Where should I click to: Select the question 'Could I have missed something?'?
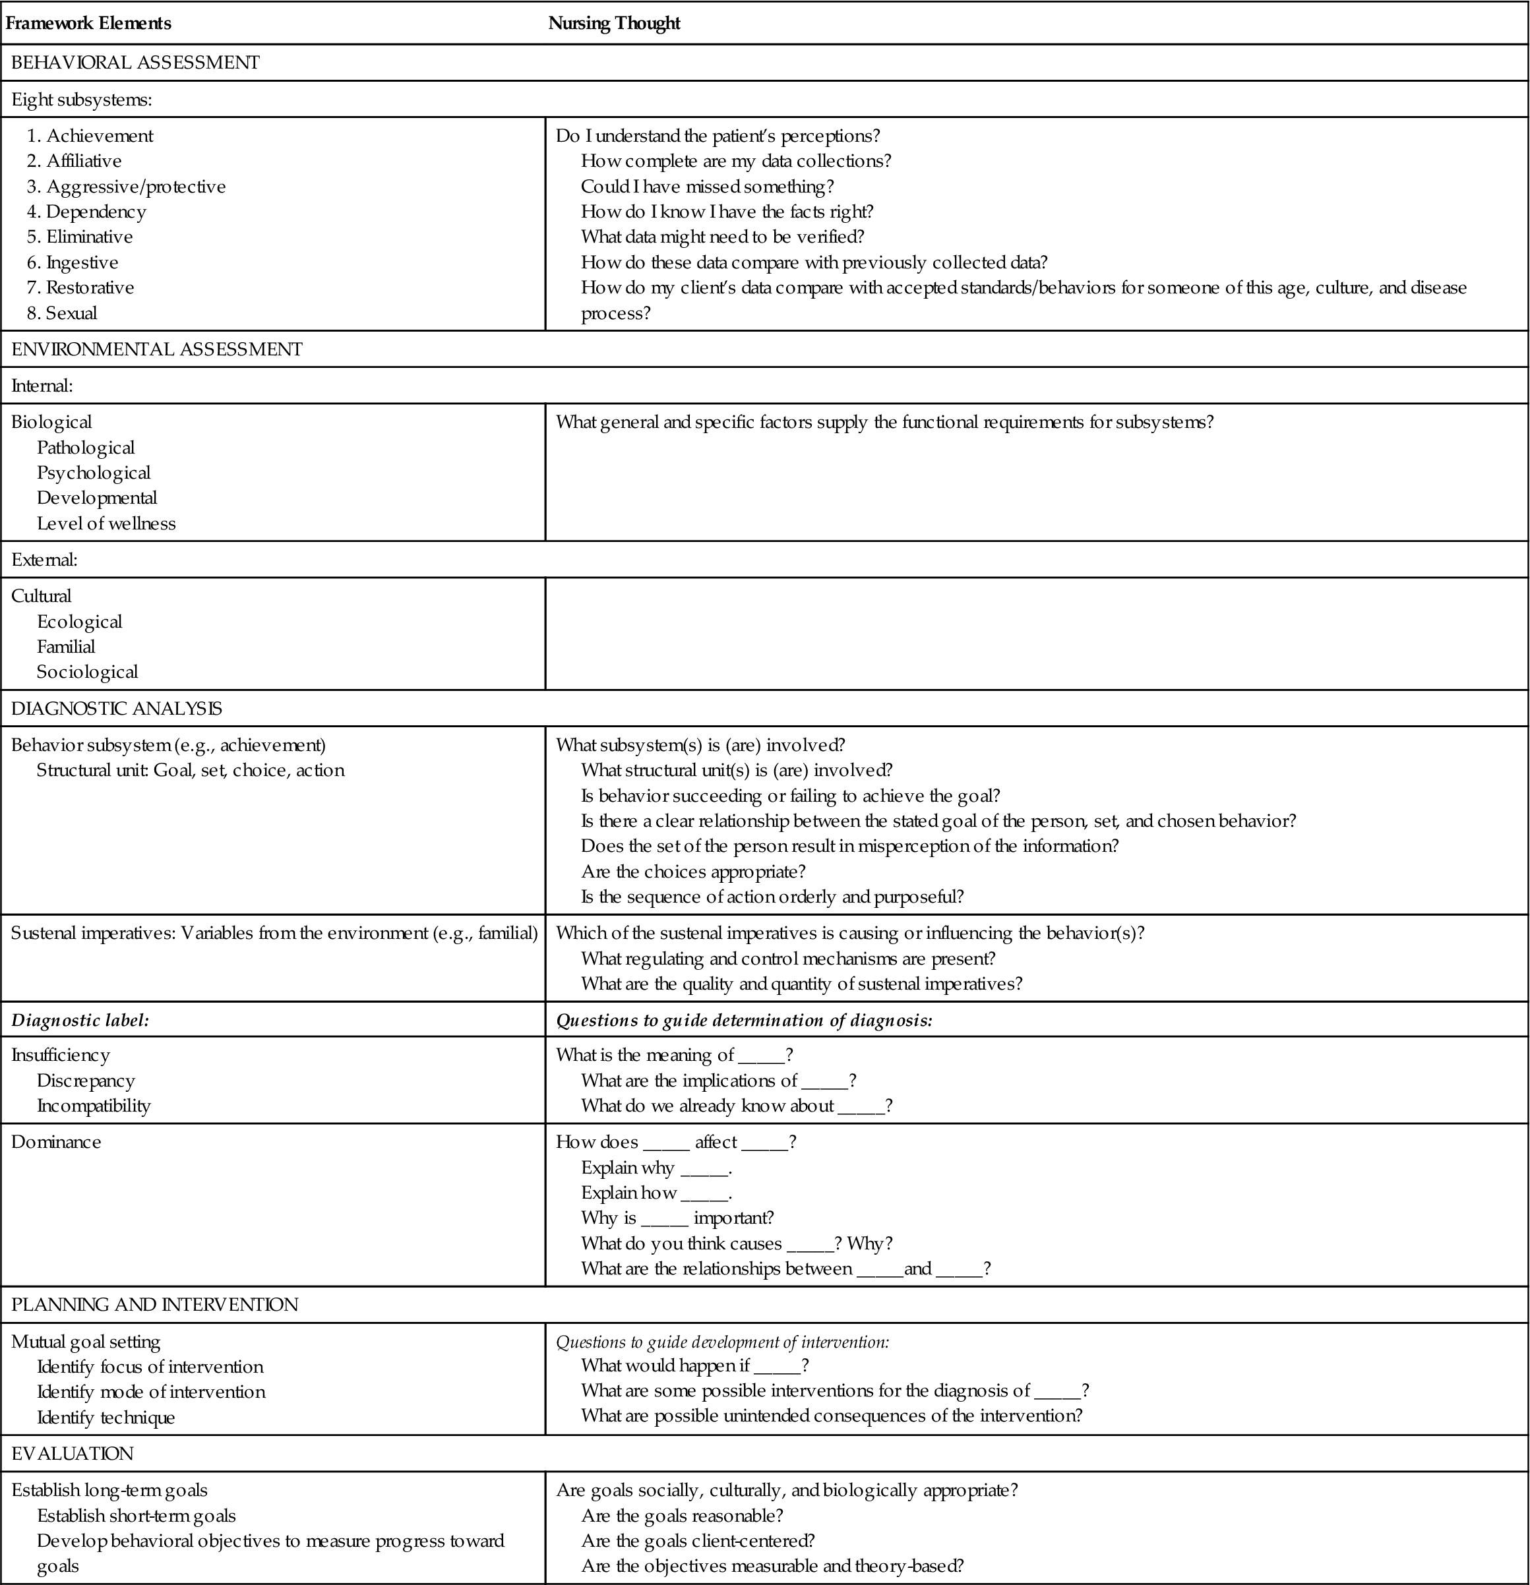pyautogui.click(x=707, y=187)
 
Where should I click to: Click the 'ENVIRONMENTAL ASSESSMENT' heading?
pyautogui.click(x=156, y=349)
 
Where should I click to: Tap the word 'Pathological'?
pyautogui.click(x=86, y=448)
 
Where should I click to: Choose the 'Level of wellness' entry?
pyautogui.click(x=106, y=524)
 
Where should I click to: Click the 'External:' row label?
pyautogui.click(x=44, y=560)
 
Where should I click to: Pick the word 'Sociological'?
pyautogui.click(x=87, y=672)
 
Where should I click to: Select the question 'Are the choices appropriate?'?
pyautogui.click(x=693, y=872)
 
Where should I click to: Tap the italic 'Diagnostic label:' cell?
pyautogui.click(x=80, y=1021)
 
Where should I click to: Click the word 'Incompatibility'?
pyautogui.click(x=94, y=1106)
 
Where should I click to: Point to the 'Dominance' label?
pyautogui.click(x=56, y=1142)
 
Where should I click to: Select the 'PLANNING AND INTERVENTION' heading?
pyautogui.click(x=154, y=1304)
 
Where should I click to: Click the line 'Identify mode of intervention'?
pyautogui.click(x=151, y=1392)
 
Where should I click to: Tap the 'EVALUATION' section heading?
pyautogui.click(x=72, y=1453)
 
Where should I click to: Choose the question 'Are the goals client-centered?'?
pyautogui.click(x=697, y=1541)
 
